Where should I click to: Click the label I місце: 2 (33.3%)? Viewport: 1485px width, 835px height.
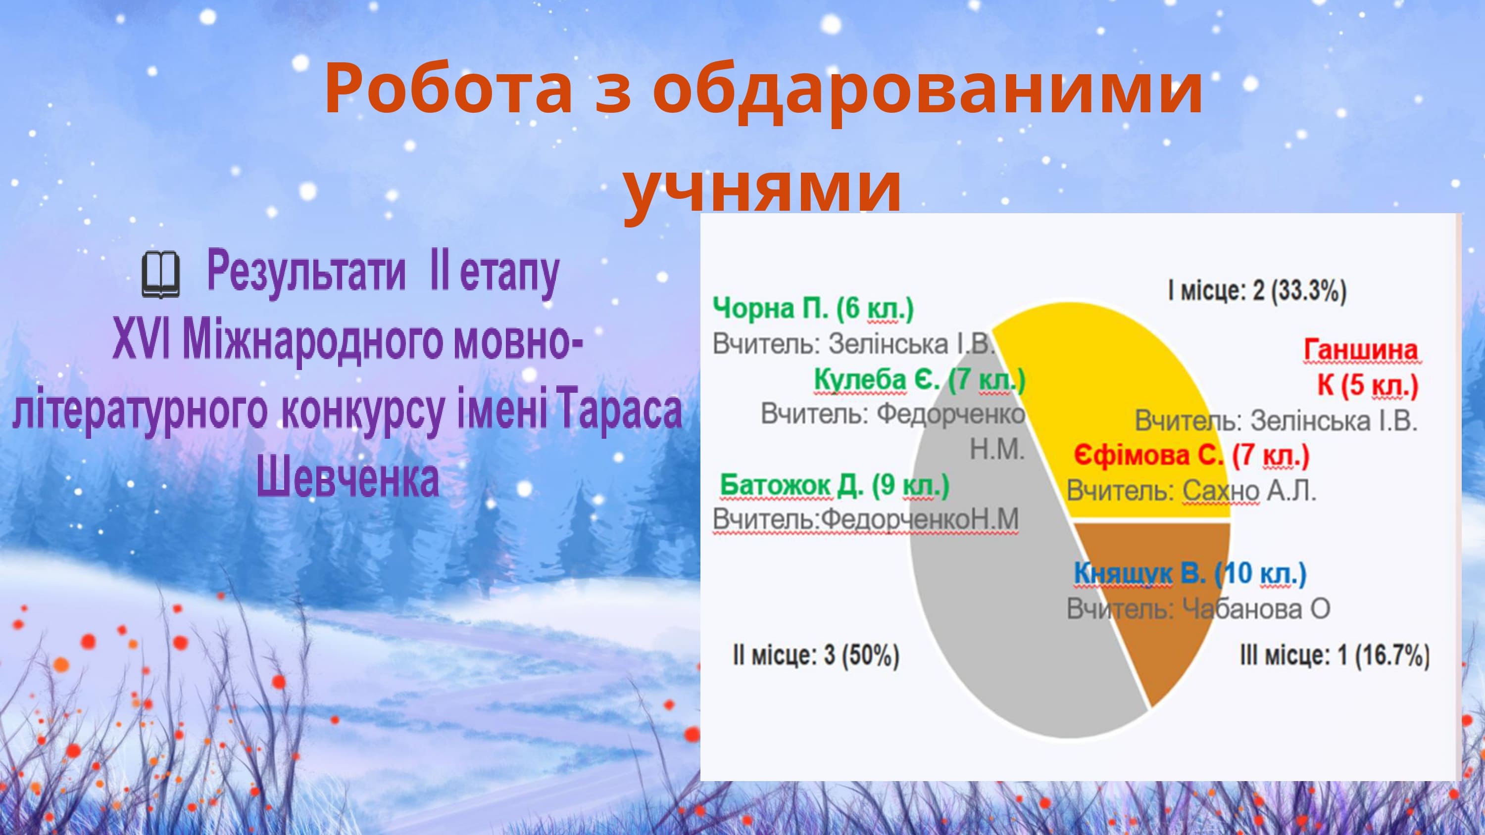tap(1257, 291)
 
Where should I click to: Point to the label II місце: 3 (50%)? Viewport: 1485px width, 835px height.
tap(816, 656)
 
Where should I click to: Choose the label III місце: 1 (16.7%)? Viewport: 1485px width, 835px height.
tap(1335, 656)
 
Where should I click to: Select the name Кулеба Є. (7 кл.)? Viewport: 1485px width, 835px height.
tap(920, 380)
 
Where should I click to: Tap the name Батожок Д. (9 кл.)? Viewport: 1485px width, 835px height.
tap(835, 486)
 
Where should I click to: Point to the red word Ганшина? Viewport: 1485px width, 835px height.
tap(1360, 350)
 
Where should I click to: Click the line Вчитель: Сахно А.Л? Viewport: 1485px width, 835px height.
tap(1191, 492)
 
